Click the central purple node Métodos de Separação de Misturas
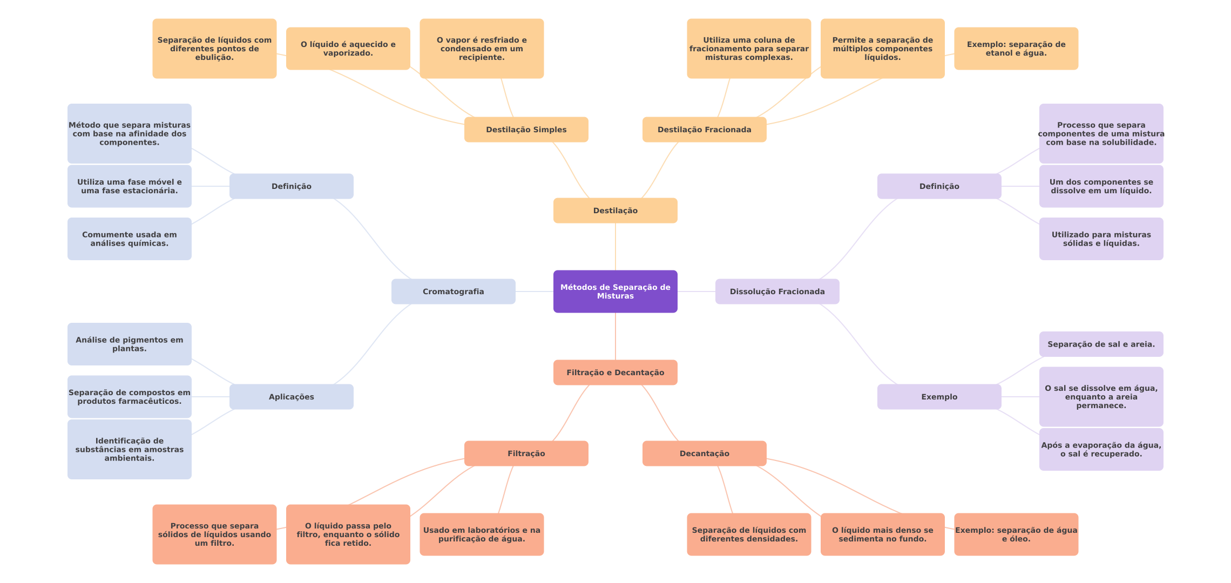pyautogui.click(x=615, y=291)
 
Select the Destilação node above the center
pyautogui.click(x=615, y=211)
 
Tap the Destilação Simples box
pyautogui.click(x=526, y=130)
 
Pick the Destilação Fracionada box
pyautogui.click(x=705, y=130)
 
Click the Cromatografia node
pyautogui.click(x=454, y=291)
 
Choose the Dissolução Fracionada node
pyautogui.click(x=777, y=291)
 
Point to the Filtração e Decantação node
pyautogui.click(x=615, y=372)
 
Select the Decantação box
pyautogui.click(x=705, y=453)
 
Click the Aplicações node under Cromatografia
pyautogui.click(x=292, y=397)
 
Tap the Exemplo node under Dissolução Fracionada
pyautogui.click(x=939, y=397)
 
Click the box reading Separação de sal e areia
pyautogui.click(x=1101, y=344)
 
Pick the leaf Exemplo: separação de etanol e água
pyautogui.click(x=1016, y=49)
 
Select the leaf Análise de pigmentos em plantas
pyautogui.click(x=130, y=344)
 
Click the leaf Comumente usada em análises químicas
pyautogui.click(x=130, y=239)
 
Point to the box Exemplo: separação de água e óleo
pyautogui.click(x=1016, y=534)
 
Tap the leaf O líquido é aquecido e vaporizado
pyautogui.click(x=348, y=49)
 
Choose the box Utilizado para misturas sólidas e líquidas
pyautogui.click(x=1101, y=239)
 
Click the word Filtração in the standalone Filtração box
pyautogui.click(x=526, y=453)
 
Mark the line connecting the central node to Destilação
pyautogui.click(x=615, y=247)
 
